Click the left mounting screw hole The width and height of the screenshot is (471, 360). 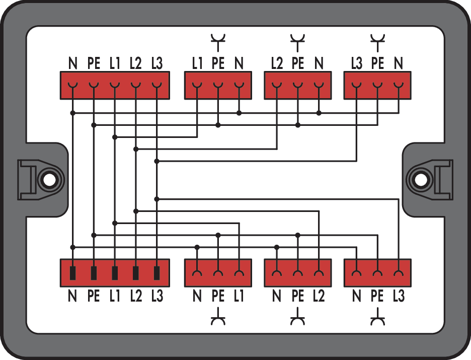[x=49, y=180]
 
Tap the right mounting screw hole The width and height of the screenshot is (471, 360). [x=420, y=180]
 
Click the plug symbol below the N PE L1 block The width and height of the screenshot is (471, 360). [x=218, y=316]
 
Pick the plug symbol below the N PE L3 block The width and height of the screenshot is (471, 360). [x=377, y=316]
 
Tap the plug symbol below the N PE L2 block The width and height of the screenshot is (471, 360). [x=298, y=316]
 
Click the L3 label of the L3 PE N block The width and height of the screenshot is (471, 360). [x=357, y=63]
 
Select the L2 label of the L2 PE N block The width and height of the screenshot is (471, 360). [x=277, y=63]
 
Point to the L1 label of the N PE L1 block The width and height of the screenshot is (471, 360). [x=239, y=296]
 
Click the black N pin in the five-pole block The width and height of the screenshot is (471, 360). [x=72, y=273]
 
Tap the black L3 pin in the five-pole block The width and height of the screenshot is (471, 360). [x=156, y=273]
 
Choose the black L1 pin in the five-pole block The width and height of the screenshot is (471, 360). [x=115, y=273]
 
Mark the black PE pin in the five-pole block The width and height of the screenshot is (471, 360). [x=94, y=273]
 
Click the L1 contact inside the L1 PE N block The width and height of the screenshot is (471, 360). [x=197, y=86]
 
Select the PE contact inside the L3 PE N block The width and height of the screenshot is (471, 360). [x=377, y=86]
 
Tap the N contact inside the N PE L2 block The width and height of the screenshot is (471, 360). [x=277, y=273]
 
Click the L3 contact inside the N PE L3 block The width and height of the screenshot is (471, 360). [x=399, y=273]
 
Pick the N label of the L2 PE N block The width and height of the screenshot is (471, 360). [x=319, y=63]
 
